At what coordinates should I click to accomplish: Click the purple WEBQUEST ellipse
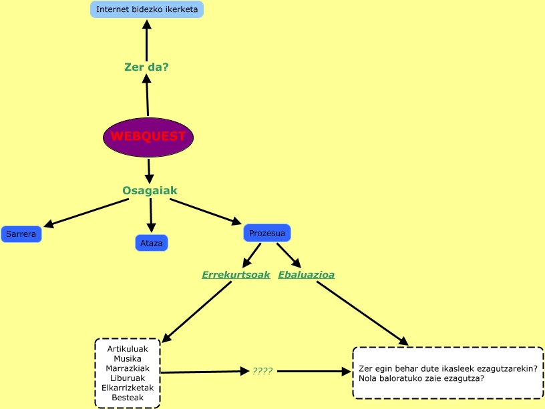click(x=148, y=137)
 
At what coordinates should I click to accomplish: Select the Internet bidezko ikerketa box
click(x=146, y=9)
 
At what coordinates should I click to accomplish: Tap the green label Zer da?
click(x=146, y=67)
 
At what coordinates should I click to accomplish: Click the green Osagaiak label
click(x=150, y=191)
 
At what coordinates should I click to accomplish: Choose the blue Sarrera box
click(x=21, y=234)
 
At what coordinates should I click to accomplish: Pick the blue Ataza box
click(x=151, y=243)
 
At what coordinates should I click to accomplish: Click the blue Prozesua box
click(x=266, y=233)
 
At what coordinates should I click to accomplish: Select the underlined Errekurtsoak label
click(x=236, y=274)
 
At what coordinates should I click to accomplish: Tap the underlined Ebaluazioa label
click(x=306, y=274)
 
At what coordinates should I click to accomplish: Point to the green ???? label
click(x=262, y=371)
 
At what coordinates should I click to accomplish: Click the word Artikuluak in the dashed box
click(x=128, y=348)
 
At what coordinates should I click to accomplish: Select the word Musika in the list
click(x=128, y=358)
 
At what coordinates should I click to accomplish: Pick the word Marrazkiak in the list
click(x=128, y=368)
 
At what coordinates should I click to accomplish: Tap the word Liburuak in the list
click(x=128, y=378)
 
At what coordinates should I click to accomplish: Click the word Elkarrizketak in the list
click(x=128, y=388)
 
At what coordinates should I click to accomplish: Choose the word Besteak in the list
click(x=128, y=398)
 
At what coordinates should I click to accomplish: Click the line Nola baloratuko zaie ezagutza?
click(x=421, y=378)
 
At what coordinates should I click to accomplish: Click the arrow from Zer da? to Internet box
click(x=146, y=40)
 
